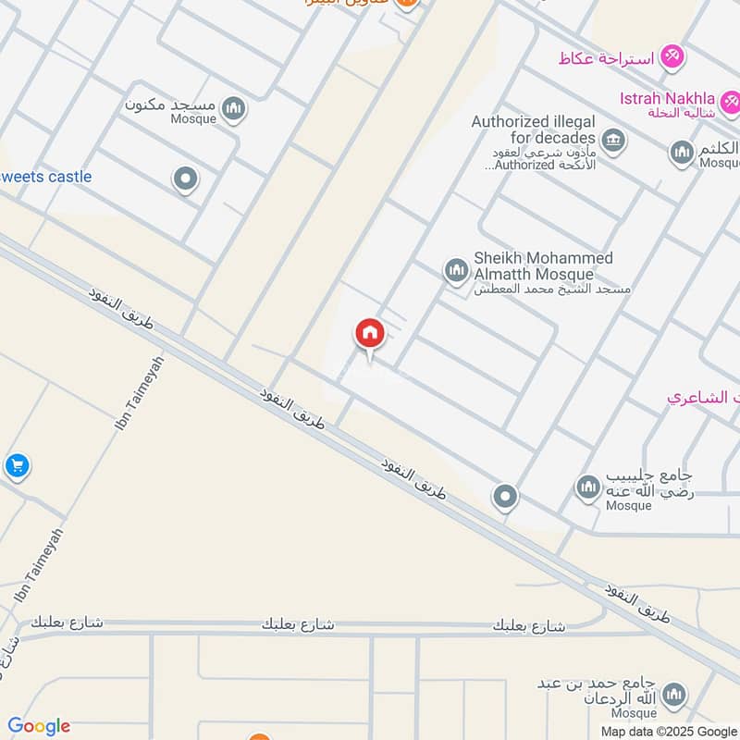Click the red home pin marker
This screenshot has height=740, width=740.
tap(370, 333)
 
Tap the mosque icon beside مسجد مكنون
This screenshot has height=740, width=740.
tap(235, 110)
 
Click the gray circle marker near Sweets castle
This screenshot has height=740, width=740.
tap(186, 179)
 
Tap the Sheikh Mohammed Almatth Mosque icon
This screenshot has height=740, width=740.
tap(456, 271)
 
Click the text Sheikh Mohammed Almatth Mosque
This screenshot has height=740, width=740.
tap(543, 266)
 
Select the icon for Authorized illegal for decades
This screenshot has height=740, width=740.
tap(612, 142)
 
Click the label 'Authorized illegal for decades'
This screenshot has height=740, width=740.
tap(532, 129)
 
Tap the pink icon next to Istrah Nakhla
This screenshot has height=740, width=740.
tap(731, 99)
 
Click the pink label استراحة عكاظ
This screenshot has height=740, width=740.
tap(606, 58)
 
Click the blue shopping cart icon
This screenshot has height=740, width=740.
tap(16, 465)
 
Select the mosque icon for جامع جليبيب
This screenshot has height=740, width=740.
tap(588, 487)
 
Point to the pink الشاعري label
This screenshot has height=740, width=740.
tap(702, 397)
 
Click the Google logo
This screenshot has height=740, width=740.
tap(39, 726)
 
